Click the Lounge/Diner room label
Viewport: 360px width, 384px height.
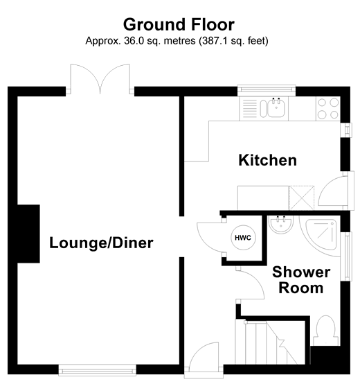click(101, 243)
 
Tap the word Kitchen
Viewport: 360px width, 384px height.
click(267, 160)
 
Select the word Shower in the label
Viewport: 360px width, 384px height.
click(300, 272)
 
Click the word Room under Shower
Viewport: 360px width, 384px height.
click(300, 288)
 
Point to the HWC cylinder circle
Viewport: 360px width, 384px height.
click(242, 238)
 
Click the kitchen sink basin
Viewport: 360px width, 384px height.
click(276, 107)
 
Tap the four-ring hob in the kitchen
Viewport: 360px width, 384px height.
click(327, 107)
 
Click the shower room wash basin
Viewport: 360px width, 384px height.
click(281, 226)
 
